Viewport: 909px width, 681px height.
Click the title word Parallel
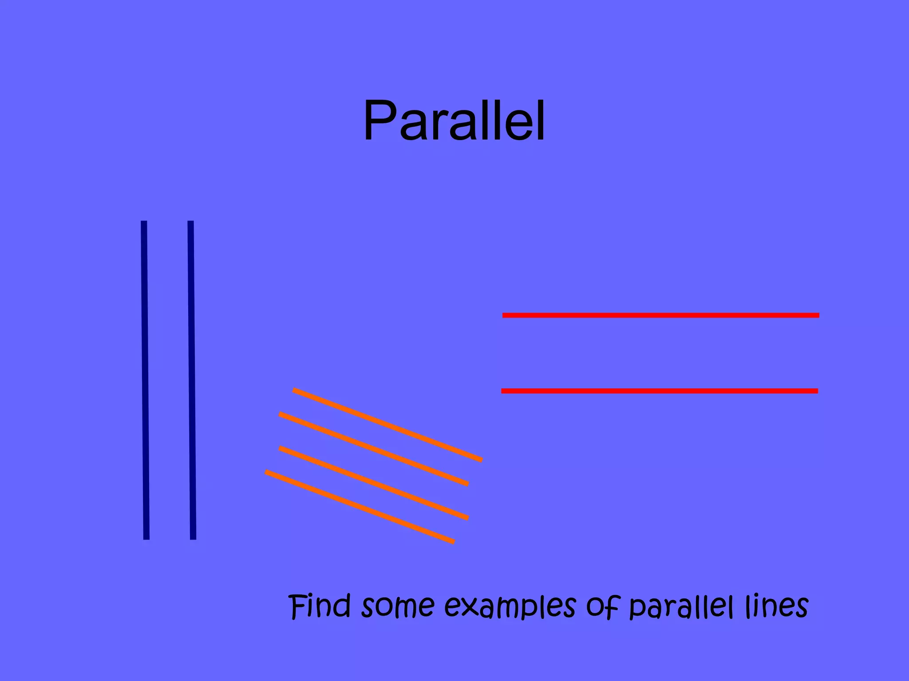tap(454, 121)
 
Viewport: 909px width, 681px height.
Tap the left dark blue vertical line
tap(145, 380)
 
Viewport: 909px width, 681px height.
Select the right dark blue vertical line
tap(192, 380)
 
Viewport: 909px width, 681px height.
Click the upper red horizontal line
tap(660, 315)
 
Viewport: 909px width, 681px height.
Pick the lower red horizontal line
tap(660, 391)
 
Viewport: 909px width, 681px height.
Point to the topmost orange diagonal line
tap(387, 425)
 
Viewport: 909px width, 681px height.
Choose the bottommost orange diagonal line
tap(360, 507)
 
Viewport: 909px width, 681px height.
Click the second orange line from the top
tap(374, 449)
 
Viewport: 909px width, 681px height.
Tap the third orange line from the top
tap(374, 483)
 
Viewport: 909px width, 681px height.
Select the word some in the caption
tap(398, 607)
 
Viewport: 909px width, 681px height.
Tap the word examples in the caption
tap(510, 607)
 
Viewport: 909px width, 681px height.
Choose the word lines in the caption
tap(777, 606)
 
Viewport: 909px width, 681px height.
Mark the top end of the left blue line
tap(144, 223)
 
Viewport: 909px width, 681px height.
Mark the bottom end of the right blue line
tap(193, 537)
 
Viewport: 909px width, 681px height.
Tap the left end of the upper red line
tap(505, 315)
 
